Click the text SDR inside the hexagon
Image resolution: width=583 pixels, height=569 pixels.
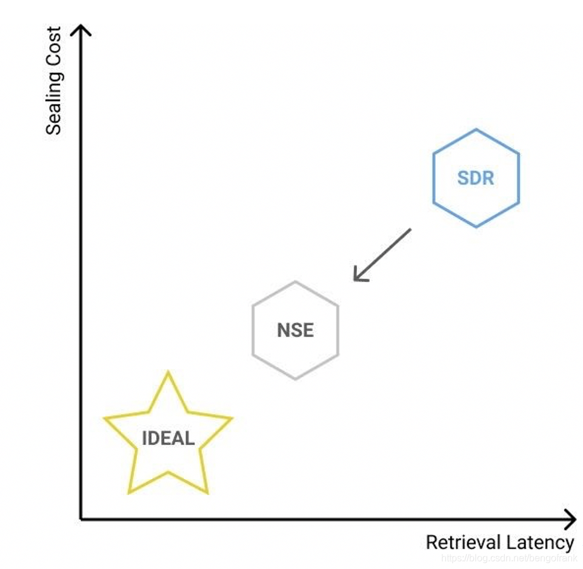point(476,179)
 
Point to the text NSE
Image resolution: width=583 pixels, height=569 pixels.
point(295,331)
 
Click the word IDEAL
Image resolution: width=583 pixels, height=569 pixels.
point(168,438)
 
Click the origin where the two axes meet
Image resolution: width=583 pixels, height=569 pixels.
point(81,519)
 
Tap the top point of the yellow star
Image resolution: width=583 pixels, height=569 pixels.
point(168,373)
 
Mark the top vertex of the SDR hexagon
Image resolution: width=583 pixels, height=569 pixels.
point(476,130)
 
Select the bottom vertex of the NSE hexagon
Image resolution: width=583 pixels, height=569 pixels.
point(295,380)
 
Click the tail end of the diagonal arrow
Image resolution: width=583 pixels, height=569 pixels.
point(410,229)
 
